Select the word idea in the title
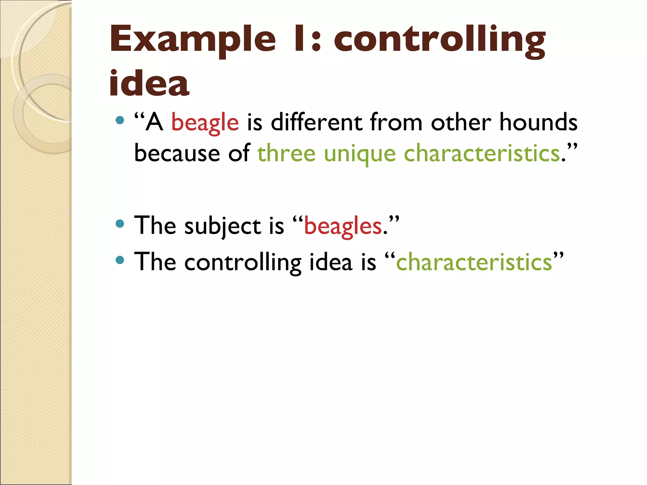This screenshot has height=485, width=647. tap(149, 83)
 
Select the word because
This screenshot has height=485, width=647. tap(177, 153)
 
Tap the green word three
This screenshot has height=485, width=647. tap(286, 153)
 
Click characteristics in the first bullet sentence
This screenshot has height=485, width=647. tap(482, 153)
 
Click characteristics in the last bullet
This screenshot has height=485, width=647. tap(474, 262)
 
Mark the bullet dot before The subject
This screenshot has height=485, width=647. tap(120, 224)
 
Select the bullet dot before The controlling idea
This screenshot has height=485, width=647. tap(120, 260)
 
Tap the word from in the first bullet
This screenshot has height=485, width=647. tap(396, 123)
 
